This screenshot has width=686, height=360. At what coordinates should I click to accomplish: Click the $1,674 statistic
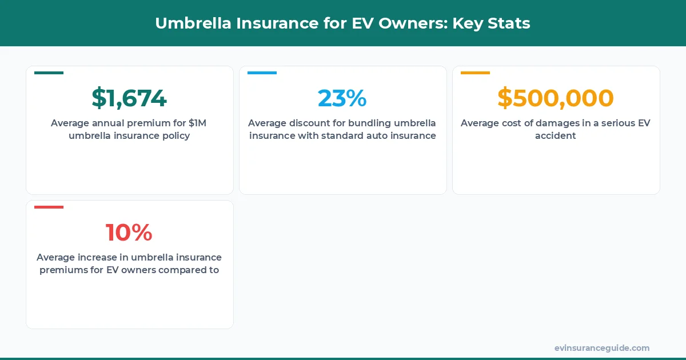coord(129,98)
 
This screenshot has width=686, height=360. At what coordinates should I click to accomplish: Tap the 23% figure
coord(342,98)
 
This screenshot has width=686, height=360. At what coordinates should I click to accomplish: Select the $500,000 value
coord(556,98)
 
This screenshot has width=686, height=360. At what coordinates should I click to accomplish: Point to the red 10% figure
coord(129,233)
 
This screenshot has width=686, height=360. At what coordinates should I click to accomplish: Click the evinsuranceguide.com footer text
coord(602,347)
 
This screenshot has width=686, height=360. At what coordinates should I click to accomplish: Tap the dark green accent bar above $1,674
coord(49,73)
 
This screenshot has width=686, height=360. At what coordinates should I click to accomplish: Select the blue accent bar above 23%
coord(262,73)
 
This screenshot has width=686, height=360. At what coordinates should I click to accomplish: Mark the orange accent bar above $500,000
coord(475,73)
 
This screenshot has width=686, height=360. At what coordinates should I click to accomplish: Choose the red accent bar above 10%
coord(49,207)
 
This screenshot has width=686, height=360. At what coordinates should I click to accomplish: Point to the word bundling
coord(369,123)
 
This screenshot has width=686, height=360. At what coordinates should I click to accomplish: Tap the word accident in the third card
coord(556,136)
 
